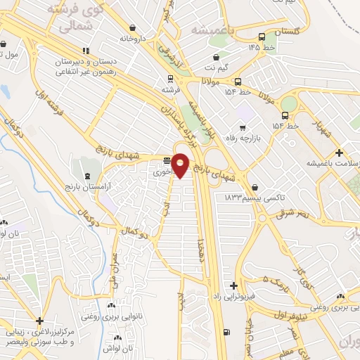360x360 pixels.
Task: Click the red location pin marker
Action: [x=181, y=165]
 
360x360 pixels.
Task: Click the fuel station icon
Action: [x=225, y=332]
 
